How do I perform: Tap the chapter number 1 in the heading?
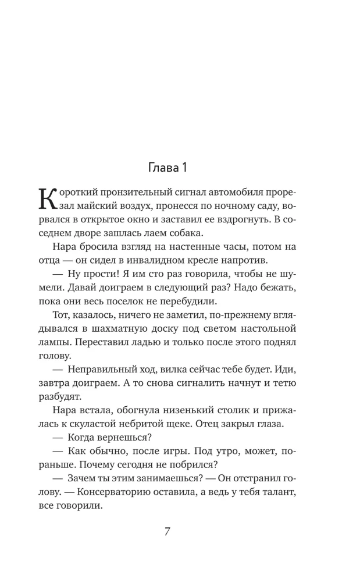pos(183,169)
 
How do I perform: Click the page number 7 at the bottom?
pos(166,532)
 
